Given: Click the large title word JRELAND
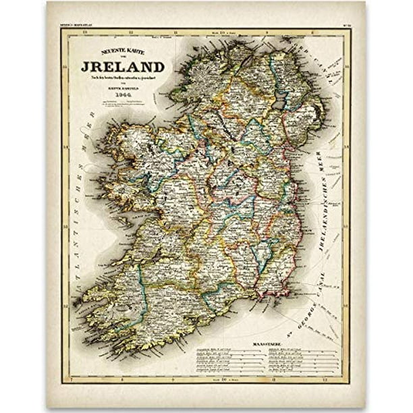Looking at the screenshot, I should click(x=123, y=67).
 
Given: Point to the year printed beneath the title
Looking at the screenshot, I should click(x=123, y=94).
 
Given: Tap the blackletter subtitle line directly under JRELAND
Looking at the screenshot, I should click(x=123, y=78).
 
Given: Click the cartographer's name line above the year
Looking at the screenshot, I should click(x=123, y=88).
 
